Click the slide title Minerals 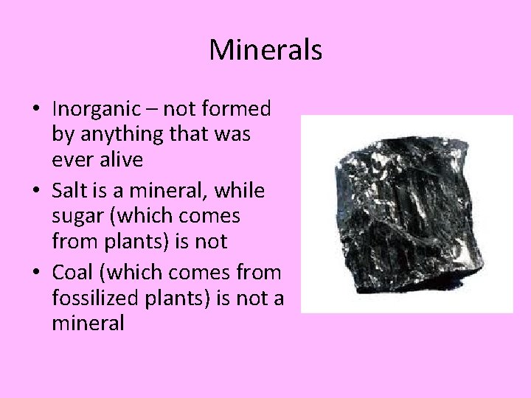coord(265,50)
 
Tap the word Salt coord(68,190)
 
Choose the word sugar coord(76,217)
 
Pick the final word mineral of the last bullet coord(88,323)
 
